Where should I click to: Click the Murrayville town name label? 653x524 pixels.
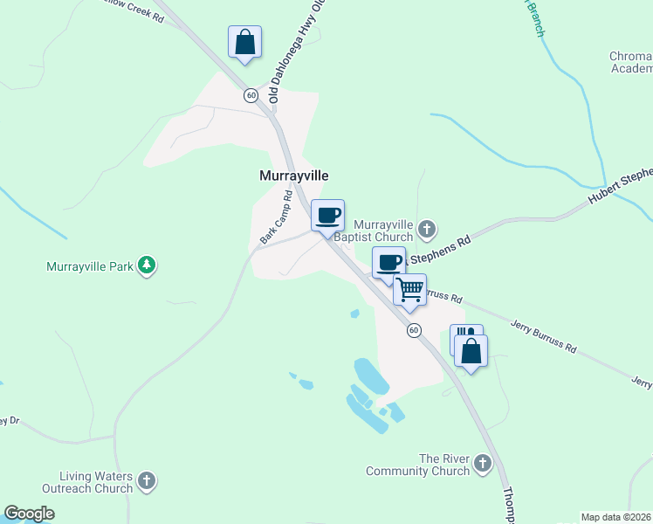coord(294,176)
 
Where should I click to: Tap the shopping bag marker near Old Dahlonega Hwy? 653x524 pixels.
coord(244,42)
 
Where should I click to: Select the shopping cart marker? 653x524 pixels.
coord(409,290)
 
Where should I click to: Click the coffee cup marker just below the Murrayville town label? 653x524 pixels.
coord(327,216)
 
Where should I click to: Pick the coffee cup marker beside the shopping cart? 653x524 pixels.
coord(388,262)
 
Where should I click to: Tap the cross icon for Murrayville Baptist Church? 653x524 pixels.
coord(427,230)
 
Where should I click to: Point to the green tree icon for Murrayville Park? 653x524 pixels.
coord(148,265)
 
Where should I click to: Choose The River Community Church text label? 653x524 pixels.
coord(418,465)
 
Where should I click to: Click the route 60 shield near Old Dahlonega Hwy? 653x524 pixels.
coord(251,95)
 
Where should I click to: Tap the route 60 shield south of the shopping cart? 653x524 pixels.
coord(414,330)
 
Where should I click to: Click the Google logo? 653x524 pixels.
coord(29,514)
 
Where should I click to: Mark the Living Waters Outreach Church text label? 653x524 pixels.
coord(96,482)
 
